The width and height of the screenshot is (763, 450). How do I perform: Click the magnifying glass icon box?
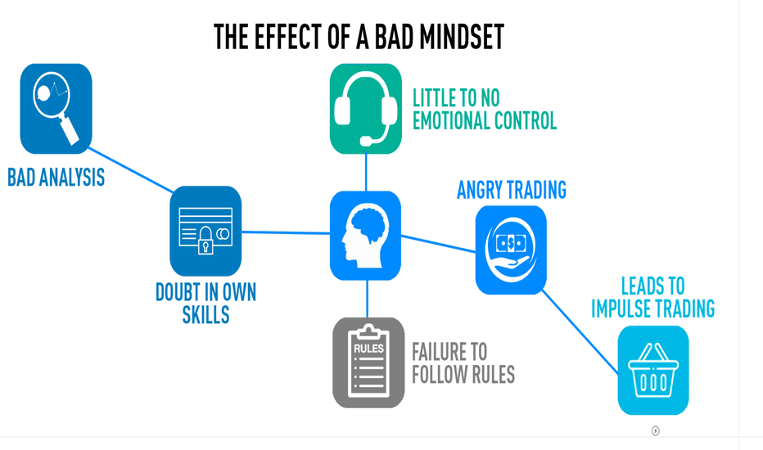click(x=56, y=109)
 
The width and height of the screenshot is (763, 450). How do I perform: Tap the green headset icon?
click(x=366, y=109)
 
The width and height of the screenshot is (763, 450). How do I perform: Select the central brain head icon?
click(x=365, y=236)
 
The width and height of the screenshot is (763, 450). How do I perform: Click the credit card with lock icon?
click(x=205, y=231)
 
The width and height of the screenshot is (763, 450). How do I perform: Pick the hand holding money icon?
click(x=511, y=250)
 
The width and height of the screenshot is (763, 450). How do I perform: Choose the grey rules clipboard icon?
click(x=368, y=362)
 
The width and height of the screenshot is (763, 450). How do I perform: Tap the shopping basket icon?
click(x=653, y=370)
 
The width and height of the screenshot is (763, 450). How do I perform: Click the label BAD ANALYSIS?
click(x=56, y=177)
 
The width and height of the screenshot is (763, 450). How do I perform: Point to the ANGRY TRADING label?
click(x=512, y=190)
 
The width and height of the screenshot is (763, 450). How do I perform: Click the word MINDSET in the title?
click(x=462, y=37)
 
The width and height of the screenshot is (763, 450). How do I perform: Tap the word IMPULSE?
click(x=622, y=308)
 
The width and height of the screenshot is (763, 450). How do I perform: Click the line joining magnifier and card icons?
click(x=131, y=170)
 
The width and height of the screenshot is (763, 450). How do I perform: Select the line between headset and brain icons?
click(x=366, y=173)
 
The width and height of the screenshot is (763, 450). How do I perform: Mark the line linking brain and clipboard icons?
click(x=367, y=299)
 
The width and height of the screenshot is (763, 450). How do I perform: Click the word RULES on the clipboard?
click(x=369, y=349)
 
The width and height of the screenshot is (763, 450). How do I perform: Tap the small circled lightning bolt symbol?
click(x=656, y=430)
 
